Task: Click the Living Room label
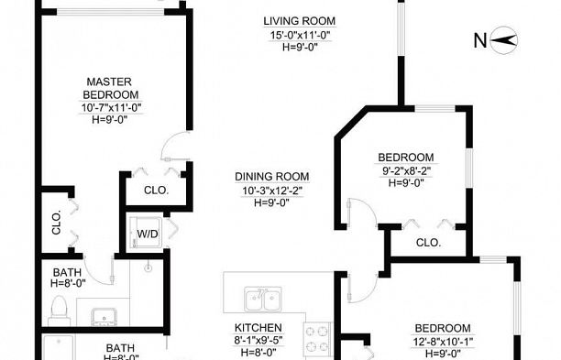tap(300, 21)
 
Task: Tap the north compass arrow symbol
tap(503, 39)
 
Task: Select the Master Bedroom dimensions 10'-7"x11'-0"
tap(111, 107)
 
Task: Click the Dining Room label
tap(272, 177)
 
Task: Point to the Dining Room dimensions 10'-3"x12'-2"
tap(272, 191)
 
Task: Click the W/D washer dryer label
tap(148, 235)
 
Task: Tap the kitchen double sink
tap(263, 299)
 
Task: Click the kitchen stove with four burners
tap(317, 339)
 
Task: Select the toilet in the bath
tap(59, 310)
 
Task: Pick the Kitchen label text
tap(258, 328)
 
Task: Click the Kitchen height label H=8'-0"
tap(258, 352)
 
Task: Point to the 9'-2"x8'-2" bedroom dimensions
tap(406, 171)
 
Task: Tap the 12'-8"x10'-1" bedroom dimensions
tap(443, 342)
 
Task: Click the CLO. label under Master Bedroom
tap(157, 191)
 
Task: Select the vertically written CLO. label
tap(57, 223)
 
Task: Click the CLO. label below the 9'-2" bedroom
tap(428, 243)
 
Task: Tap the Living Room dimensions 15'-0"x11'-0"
tap(300, 36)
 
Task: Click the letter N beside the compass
tap(480, 40)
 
